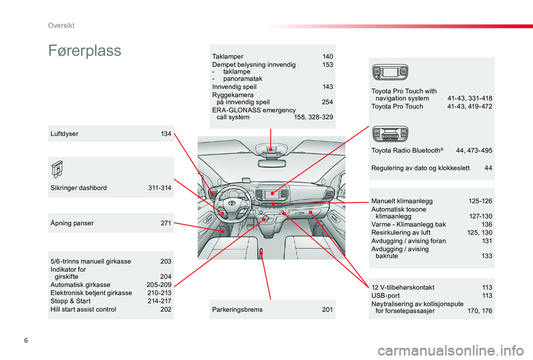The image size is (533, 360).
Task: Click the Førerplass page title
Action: point(84,51)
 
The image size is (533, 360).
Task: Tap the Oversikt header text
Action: point(61,26)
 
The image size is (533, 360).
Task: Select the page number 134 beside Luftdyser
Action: point(166,134)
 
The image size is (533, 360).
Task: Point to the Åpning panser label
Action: point(72,223)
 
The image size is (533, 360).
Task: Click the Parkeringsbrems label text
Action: point(237,310)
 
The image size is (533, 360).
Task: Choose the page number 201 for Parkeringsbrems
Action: point(328,310)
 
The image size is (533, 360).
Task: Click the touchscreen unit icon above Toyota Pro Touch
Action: point(390,72)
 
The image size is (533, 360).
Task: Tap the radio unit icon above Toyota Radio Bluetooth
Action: point(390,134)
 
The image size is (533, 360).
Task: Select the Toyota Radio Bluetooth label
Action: point(407,150)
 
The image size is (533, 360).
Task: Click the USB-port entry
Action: point(385,296)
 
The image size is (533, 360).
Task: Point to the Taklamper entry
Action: point(228,57)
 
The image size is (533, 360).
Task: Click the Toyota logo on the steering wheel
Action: point(232,204)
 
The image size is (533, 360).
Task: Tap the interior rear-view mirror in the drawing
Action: point(271,163)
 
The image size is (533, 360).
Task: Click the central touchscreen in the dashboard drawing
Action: point(271,194)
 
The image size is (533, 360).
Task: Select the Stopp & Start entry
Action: point(71,301)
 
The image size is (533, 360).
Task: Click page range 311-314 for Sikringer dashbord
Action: point(160,188)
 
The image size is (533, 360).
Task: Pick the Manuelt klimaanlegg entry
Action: point(402,201)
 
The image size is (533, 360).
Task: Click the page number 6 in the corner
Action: point(26,340)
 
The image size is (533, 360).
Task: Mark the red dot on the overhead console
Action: point(270,149)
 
